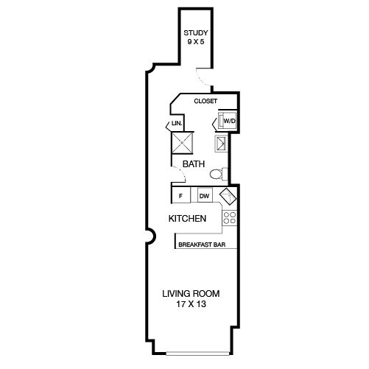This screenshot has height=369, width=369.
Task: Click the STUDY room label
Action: [x=196, y=32]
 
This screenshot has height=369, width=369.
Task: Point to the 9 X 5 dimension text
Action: [x=196, y=41]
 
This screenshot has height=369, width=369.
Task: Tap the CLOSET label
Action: [x=205, y=101]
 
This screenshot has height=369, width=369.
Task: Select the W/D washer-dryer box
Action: [x=228, y=120]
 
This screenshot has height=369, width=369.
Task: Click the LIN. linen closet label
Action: [x=177, y=123]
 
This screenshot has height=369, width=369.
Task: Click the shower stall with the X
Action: [x=182, y=143]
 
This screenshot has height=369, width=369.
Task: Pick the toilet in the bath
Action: [x=219, y=174]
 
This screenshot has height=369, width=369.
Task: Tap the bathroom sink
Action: [x=221, y=143]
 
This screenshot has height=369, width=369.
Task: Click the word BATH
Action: [x=194, y=164]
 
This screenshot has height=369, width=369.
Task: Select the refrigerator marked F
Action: [x=181, y=195]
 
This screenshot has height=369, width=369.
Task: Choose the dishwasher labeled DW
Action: [x=205, y=195]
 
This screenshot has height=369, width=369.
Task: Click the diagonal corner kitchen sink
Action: [x=228, y=197]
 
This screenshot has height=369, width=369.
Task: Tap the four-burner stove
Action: [x=230, y=218]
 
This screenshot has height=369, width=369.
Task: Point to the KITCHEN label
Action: [x=187, y=219]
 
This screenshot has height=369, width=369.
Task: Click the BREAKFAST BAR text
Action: [x=202, y=245]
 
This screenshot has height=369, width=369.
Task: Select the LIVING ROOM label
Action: [x=191, y=294]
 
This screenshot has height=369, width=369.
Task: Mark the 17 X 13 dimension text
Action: [x=191, y=304]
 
